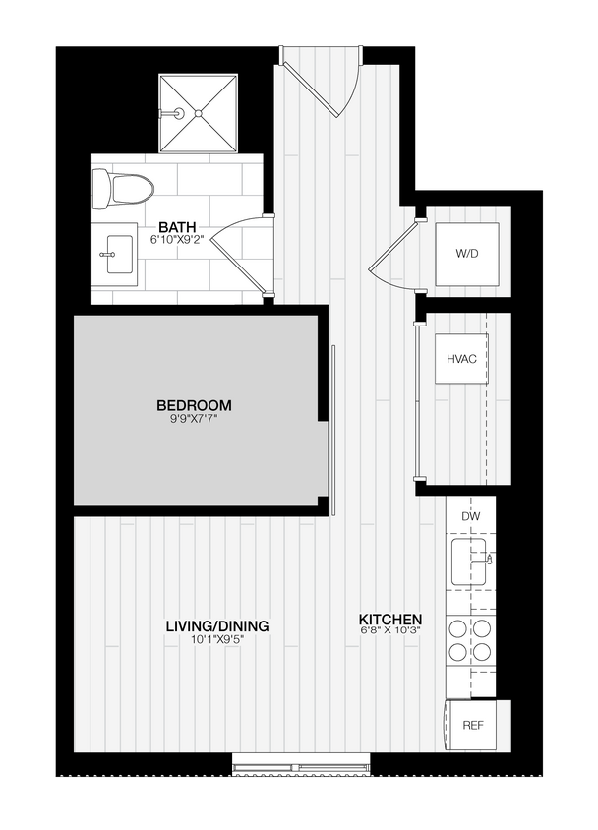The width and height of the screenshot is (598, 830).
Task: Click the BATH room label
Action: (177, 227)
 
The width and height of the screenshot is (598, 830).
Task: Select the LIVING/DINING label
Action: (216, 626)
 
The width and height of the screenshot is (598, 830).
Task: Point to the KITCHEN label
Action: (390, 620)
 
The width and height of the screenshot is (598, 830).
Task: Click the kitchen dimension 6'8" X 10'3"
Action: (390, 632)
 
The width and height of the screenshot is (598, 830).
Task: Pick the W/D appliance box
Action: (467, 254)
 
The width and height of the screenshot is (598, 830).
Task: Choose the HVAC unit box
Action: (461, 359)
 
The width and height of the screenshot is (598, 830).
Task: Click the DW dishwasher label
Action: (470, 516)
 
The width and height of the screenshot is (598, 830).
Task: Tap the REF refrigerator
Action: (473, 726)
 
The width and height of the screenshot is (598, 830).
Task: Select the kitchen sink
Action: (471, 561)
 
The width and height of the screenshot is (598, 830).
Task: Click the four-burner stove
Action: (470, 639)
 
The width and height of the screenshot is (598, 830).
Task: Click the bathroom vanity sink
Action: (115, 254)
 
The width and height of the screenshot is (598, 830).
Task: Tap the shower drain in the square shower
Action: (198, 113)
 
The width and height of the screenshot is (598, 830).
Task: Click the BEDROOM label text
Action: (194, 405)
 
